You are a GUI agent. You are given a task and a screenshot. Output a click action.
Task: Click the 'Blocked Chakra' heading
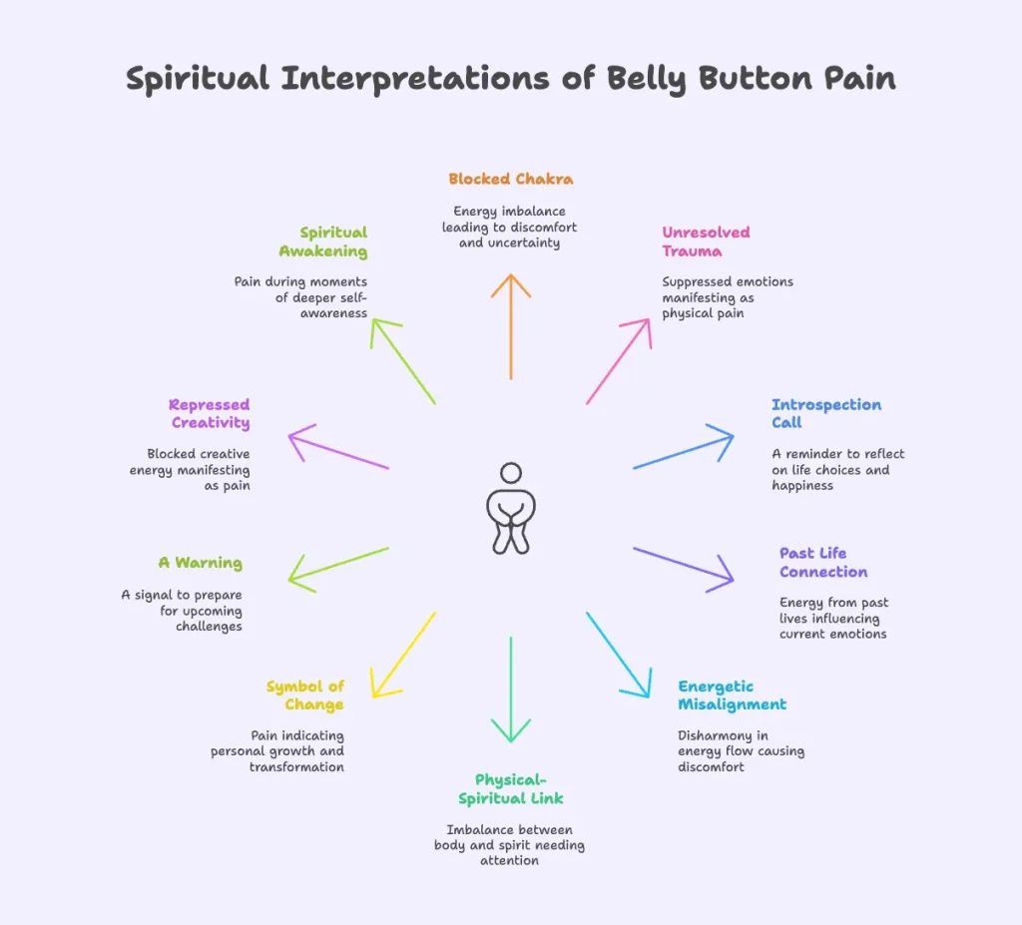510,180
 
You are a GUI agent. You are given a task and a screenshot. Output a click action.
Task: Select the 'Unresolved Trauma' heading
706,241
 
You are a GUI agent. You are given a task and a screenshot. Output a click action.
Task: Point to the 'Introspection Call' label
825,413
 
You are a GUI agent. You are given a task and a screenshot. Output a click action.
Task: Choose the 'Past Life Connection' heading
823,562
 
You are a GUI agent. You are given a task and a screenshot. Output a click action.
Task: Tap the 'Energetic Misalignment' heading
732,695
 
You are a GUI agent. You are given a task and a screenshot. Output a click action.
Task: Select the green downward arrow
511,689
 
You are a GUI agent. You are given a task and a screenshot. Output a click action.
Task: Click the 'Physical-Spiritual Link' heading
511,788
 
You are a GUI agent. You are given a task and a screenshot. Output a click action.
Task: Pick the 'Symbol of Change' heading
304,695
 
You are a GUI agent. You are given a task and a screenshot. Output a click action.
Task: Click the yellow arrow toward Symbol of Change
403,655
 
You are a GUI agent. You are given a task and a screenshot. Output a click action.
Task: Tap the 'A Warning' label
200,563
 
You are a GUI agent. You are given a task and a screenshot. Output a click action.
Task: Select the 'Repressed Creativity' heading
210,413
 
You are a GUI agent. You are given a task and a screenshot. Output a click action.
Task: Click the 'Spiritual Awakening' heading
323,241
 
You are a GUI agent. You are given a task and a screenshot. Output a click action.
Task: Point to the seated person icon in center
511,509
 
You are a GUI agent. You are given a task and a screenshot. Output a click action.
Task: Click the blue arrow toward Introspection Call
684,448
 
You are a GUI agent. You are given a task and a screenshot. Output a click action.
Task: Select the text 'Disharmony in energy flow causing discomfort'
741,750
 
